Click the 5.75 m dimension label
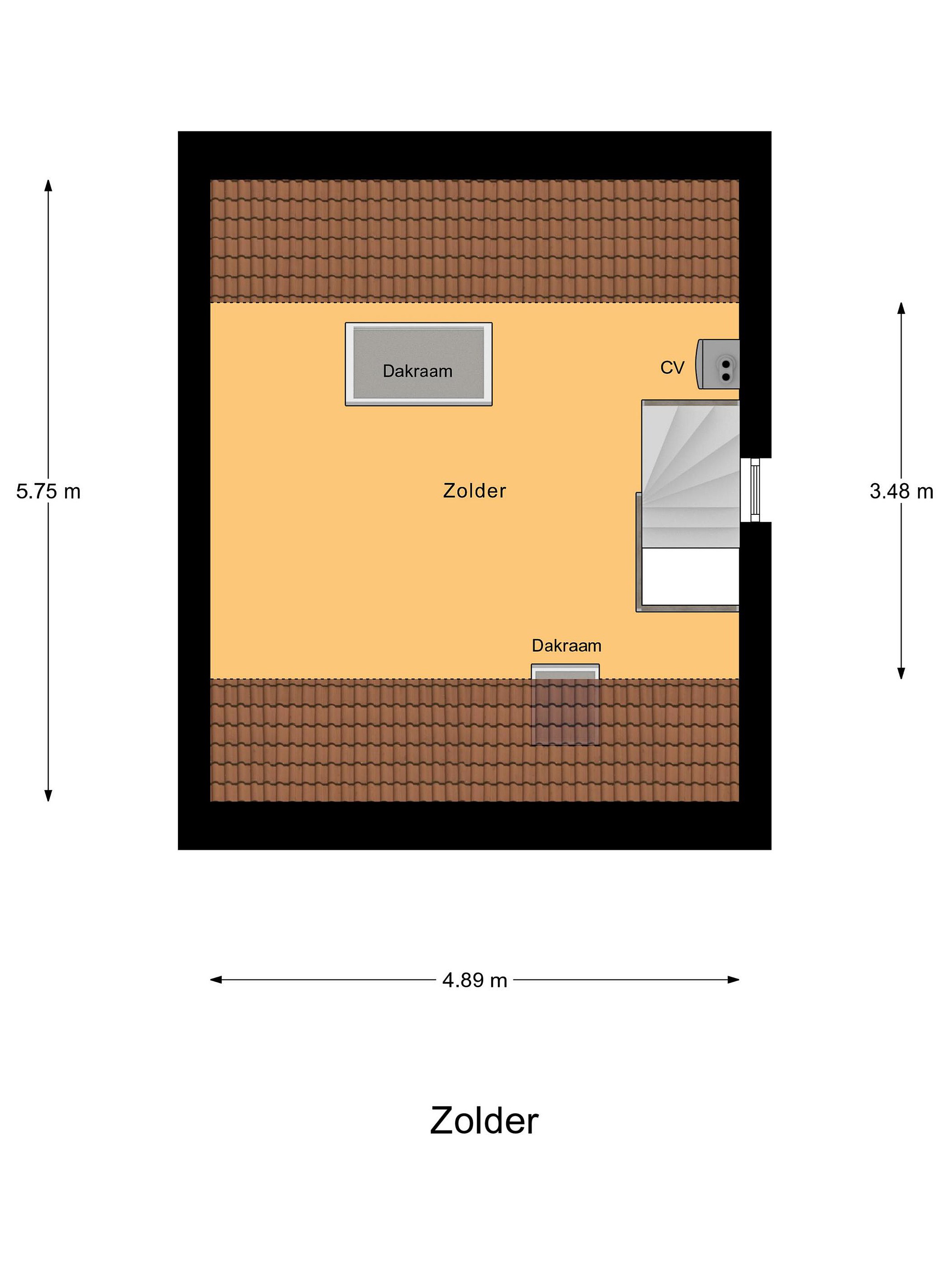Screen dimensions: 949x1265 pyautogui.click(x=48, y=491)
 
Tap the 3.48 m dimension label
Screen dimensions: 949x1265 pyautogui.click(x=901, y=491)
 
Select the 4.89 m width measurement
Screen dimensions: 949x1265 pyautogui.click(x=474, y=980)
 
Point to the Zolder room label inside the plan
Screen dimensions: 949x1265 pyautogui.click(x=474, y=491)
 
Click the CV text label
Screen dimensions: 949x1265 pyautogui.click(x=672, y=367)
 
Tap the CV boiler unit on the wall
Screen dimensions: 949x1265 pyautogui.click(x=717, y=364)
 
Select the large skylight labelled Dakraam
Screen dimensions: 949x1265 pyautogui.click(x=418, y=364)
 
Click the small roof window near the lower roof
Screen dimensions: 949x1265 pyautogui.click(x=565, y=705)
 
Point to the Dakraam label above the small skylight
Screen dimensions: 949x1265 pyautogui.click(x=566, y=646)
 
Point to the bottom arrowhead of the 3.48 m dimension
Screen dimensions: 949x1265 pyautogui.click(x=901, y=674)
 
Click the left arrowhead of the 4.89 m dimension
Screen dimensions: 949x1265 pyautogui.click(x=216, y=979)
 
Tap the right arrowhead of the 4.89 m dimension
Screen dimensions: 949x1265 pyautogui.click(x=734, y=979)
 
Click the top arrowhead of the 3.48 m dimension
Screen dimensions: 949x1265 pyautogui.click(x=901, y=307)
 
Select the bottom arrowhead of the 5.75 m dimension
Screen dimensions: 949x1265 pyautogui.click(x=48, y=795)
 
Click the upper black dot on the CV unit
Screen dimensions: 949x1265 pyautogui.click(x=726, y=364)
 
